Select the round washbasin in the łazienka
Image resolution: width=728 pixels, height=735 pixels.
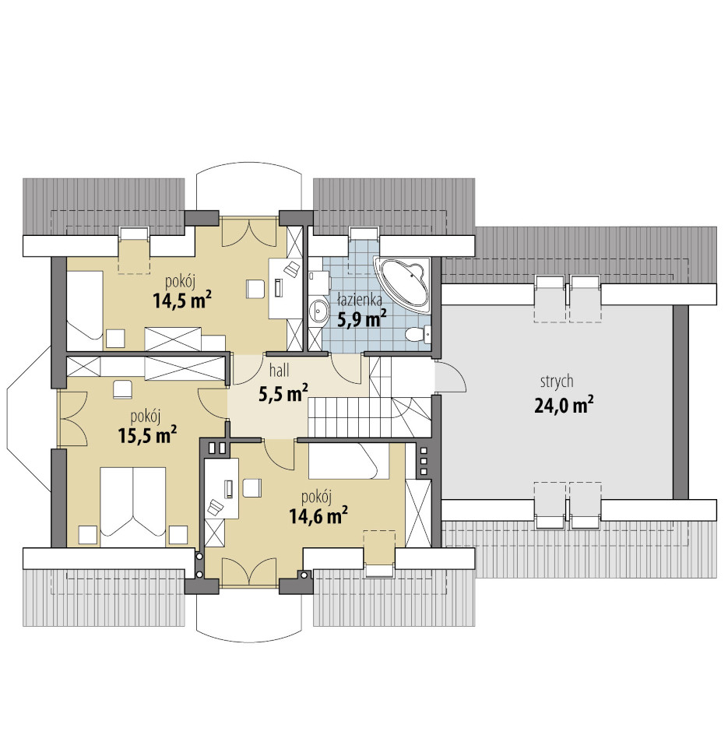coord(319,310)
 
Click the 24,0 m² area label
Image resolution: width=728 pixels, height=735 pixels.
coord(564,405)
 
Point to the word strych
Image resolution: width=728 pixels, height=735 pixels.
coord(557,382)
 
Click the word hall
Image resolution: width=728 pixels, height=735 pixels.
coord(279,371)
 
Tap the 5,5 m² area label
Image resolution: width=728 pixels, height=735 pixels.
coord(283,393)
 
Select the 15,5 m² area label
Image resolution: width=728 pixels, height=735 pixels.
coord(147,435)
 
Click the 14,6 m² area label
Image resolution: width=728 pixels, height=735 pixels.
coord(318,515)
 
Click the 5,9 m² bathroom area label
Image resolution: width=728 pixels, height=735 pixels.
coord(362,319)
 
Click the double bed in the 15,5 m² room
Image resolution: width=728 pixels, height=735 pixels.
coord(133,506)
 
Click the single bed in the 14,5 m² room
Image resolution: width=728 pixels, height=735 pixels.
coord(85,311)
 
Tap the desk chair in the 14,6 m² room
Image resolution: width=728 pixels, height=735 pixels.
coord(252,487)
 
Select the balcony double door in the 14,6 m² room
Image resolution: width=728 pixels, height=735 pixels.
coord(248,571)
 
